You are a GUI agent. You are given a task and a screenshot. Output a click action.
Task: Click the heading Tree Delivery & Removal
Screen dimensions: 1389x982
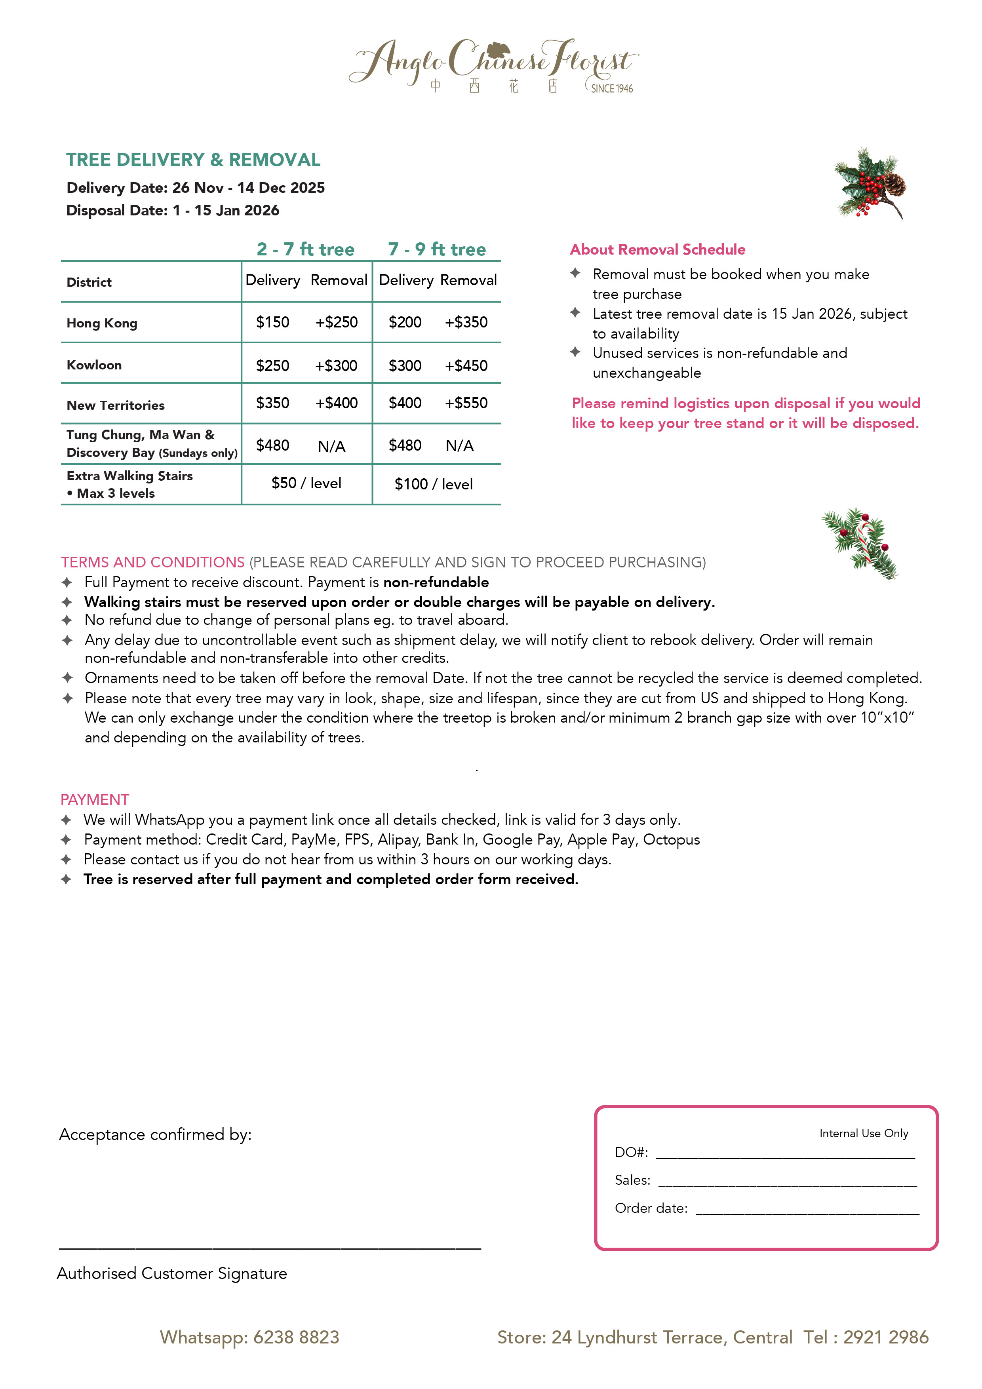pos(193,160)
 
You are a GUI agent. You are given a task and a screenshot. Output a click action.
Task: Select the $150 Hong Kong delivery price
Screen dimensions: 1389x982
pos(272,322)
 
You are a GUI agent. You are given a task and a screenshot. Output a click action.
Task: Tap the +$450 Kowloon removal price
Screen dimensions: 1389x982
pos(466,365)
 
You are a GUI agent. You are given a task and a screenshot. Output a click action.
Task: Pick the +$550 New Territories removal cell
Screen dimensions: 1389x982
pos(466,403)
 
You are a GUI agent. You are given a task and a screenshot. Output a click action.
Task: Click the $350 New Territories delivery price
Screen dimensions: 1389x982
pos(272,403)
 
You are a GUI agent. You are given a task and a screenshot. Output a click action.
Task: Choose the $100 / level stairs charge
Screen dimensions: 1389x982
pos(433,484)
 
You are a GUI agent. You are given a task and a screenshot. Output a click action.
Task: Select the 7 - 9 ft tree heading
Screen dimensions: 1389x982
pos(437,249)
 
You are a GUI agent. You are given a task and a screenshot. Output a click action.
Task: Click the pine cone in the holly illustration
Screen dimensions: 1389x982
pos(894,183)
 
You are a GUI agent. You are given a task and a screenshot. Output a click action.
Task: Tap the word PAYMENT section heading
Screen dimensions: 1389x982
pos(94,800)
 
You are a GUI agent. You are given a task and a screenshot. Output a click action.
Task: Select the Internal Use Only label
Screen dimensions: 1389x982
pos(864,1133)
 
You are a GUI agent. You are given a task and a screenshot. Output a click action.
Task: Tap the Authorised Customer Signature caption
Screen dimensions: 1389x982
pos(172,1273)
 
